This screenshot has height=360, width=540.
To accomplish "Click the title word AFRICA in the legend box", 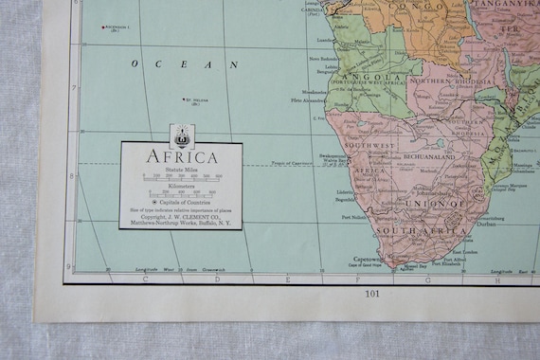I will point(180,157).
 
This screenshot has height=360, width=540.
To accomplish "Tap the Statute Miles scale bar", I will point(181,176).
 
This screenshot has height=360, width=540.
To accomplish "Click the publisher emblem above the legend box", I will point(181,134).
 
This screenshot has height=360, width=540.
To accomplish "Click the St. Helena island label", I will point(196,99).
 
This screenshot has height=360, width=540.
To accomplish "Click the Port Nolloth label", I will point(355,217).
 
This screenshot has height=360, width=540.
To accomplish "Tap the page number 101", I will point(371,294).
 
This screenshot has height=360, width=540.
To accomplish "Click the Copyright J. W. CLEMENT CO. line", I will point(181,218).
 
